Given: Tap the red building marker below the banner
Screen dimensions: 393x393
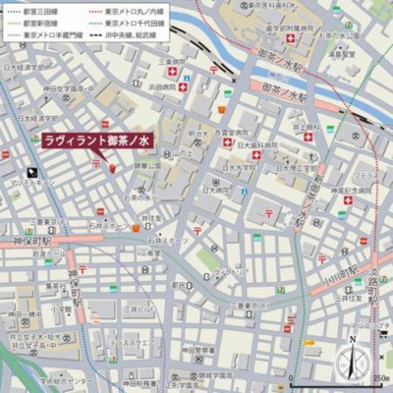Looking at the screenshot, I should point(112,168).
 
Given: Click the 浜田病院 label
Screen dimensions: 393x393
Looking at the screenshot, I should point(162,86).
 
